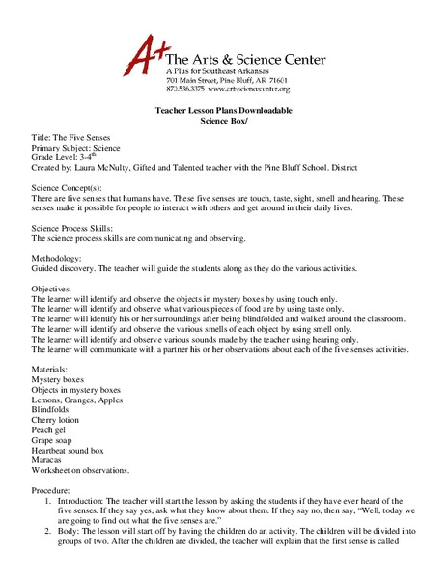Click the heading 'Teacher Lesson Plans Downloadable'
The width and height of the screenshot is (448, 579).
(224, 112)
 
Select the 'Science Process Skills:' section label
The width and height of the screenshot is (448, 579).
(77, 237)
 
